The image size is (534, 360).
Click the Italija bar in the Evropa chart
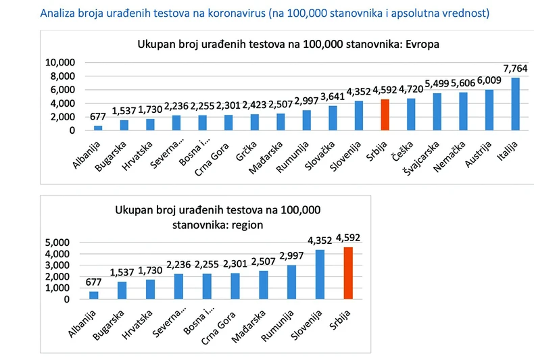coord(515,104)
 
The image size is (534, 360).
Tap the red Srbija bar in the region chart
coord(348,274)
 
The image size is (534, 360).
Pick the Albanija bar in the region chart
coord(94,295)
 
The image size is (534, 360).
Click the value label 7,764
coord(515,70)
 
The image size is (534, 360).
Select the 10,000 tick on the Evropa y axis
coord(59,63)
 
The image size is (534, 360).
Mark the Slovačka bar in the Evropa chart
coord(333,118)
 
